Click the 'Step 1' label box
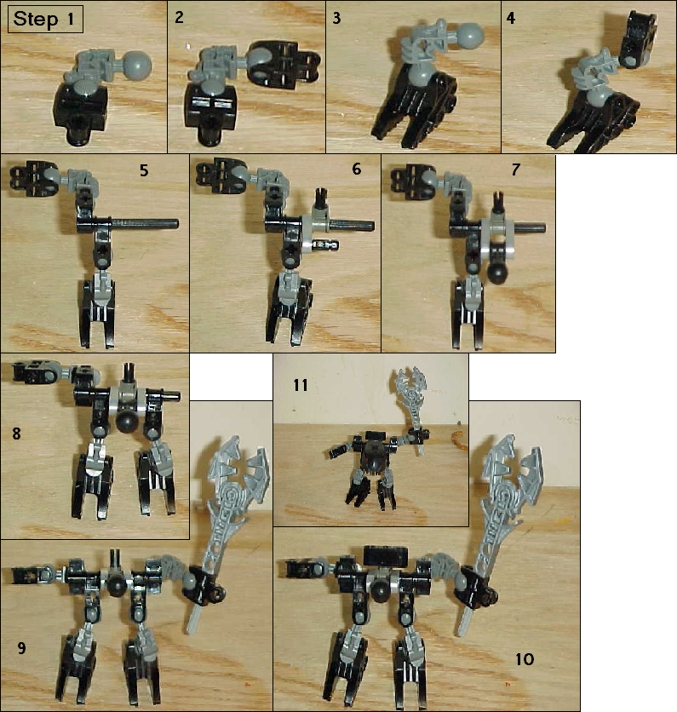click(45, 19)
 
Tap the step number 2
click(180, 17)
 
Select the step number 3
click(336, 18)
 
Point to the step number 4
click(511, 18)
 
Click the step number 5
click(144, 170)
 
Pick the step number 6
click(357, 169)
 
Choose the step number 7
click(515, 169)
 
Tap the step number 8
click(16, 434)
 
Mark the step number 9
click(21, 647)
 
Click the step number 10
click(525, 659)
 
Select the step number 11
click(300, 385)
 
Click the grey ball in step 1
click(137, 66)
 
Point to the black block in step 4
click(640, 39)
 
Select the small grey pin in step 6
click(326, 245)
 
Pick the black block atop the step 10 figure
click(386, 555)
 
